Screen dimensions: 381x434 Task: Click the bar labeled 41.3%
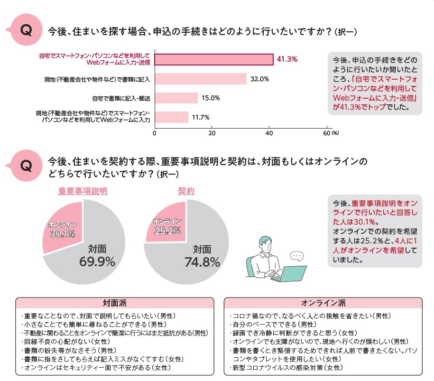point(214,59)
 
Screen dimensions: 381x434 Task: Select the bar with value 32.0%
point(201,79)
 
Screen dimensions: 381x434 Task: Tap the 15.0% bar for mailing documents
point(176,98)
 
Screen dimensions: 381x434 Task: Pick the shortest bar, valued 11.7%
point(171,117)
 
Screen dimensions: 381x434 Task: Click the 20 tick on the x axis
point(212,133)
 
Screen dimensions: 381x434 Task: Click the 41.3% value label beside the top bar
point(287,59)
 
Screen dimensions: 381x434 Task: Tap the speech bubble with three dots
point(296,256)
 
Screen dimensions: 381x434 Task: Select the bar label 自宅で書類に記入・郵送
point(121,98)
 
